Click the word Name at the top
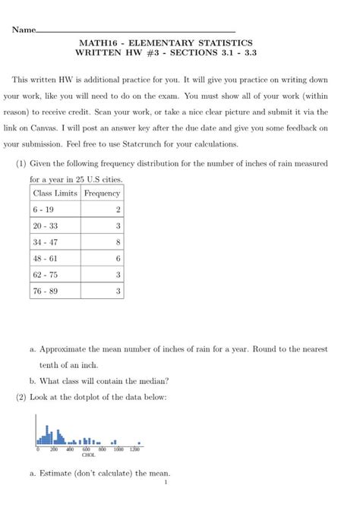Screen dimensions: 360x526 point(24,30)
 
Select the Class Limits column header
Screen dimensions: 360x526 point(55,194)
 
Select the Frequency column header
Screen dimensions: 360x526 point(103,194)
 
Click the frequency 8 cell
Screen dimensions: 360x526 point(118,243)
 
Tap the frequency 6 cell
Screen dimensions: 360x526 point(118,259)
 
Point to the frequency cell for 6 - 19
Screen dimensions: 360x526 point(118,209)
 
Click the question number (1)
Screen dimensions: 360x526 point(21,164)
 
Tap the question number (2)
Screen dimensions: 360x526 point(21,397)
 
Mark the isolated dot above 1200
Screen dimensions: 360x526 point(139,442)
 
